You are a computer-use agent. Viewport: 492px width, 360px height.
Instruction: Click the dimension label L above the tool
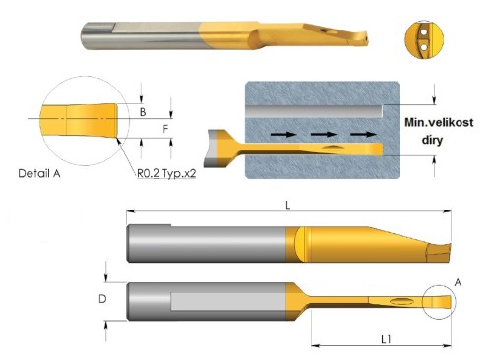tap(288, 206)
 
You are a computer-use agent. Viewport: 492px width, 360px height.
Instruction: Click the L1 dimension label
tap(386, 339)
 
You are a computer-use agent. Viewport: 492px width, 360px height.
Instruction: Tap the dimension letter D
tap(102, 299)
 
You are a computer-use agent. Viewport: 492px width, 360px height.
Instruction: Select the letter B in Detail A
tap(143, 112)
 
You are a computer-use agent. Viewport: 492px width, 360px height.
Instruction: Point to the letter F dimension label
tap(165, 129)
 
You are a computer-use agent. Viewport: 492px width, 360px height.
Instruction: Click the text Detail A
tap(39, 173)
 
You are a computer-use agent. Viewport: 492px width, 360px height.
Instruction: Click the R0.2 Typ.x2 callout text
tap(166, 173)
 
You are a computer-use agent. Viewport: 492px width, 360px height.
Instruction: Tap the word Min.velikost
tap(439, 122)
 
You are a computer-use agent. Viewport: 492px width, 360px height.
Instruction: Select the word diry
tap(432, 140)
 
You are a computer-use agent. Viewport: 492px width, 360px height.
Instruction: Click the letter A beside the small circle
tap(458, 282)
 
